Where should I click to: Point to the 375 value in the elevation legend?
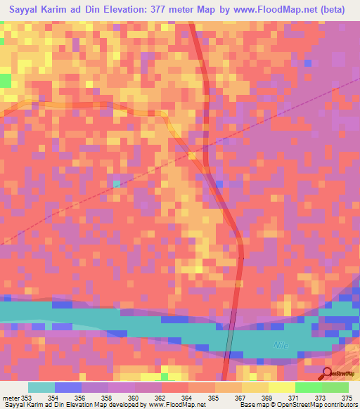(347, 398)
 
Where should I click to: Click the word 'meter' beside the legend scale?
(11, 398)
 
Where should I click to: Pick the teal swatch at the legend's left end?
(41, 387)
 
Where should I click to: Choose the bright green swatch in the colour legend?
(309, 387)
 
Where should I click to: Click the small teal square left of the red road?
(117, 184)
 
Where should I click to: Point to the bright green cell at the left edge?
(5, 80)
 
